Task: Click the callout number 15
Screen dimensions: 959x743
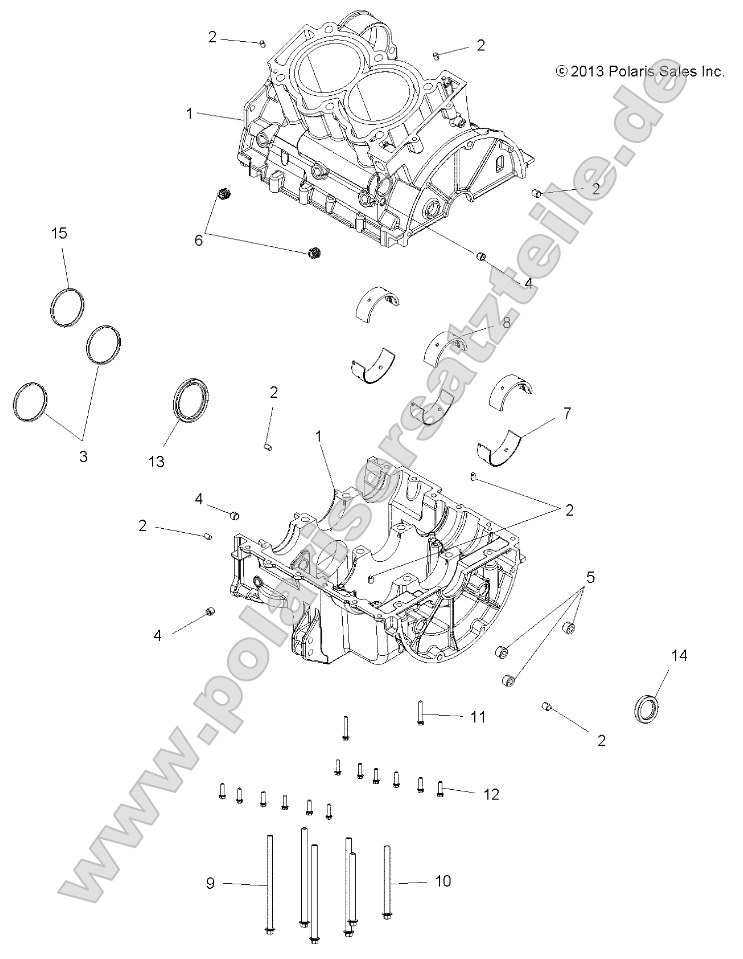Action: point(59,233)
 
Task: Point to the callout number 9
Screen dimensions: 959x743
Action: point(211,882)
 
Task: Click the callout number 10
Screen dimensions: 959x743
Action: point(442,881)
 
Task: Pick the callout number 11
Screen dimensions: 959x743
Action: point(477,717)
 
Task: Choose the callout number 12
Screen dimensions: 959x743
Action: point(490,795)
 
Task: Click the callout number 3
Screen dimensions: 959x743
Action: point(83,456)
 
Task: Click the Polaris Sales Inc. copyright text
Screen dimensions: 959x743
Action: point(639,71)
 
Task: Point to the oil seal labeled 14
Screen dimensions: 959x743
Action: point(647,706)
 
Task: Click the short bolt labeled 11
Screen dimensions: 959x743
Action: point(421,713)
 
